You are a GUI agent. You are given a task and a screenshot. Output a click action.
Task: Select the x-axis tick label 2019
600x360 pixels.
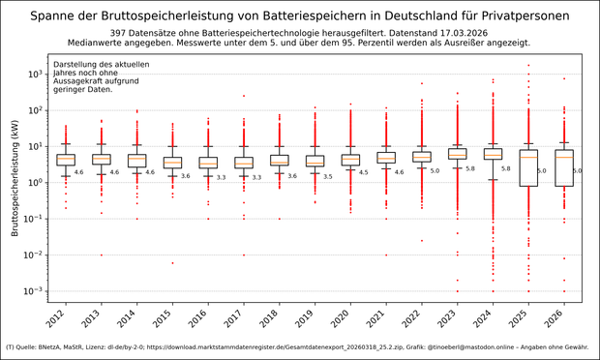click(x=312, y=316)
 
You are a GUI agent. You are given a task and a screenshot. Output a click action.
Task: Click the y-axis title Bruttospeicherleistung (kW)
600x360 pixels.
click(x=15, y=183)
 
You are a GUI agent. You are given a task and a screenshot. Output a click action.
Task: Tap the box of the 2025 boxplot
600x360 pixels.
click(x=528, y=166)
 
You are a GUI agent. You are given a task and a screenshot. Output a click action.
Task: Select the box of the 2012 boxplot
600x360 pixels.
click(x=66, y=159)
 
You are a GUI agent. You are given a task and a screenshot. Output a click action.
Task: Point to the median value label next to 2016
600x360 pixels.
click(x=221, y=177)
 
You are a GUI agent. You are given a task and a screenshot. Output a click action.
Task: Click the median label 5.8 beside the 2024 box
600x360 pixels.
click(x=506, y=168)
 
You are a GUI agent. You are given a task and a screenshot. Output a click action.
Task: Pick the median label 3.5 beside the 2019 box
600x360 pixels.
click(x=327, y=176)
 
